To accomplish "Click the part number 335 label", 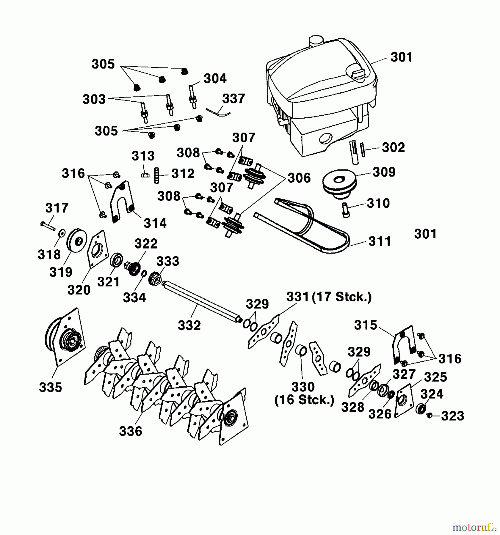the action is [51, 387].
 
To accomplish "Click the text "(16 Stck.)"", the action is [304, 400].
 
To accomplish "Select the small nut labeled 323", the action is [429, 415].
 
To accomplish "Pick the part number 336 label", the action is [131, 431].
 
